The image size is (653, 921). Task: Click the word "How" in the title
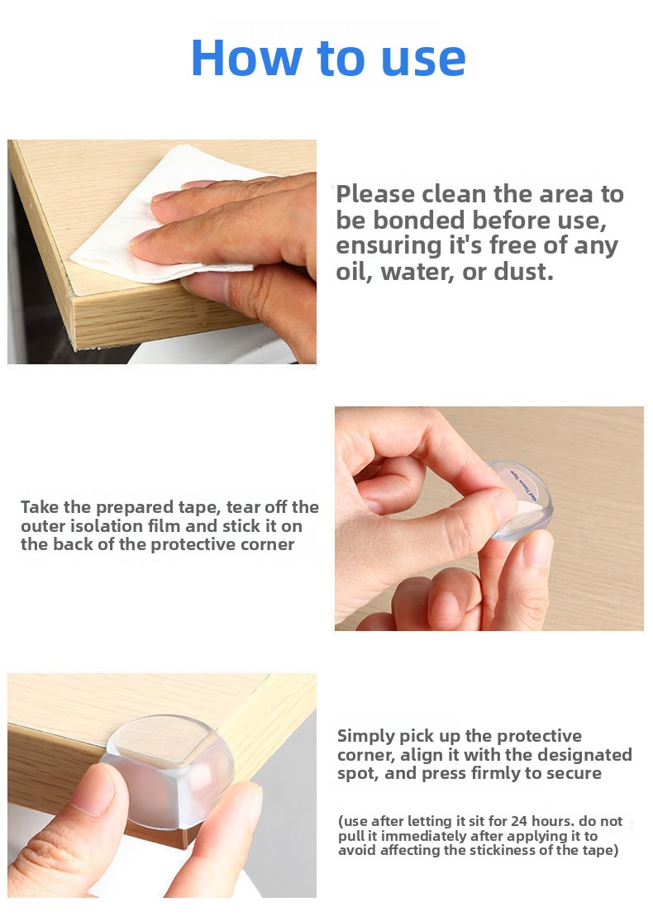coord(246,58)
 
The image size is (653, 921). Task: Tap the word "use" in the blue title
coord(423,60)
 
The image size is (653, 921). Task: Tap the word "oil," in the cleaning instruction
coord(355,272)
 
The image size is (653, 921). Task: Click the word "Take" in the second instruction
coord(40,507)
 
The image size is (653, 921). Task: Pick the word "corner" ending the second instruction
coord(268,545)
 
